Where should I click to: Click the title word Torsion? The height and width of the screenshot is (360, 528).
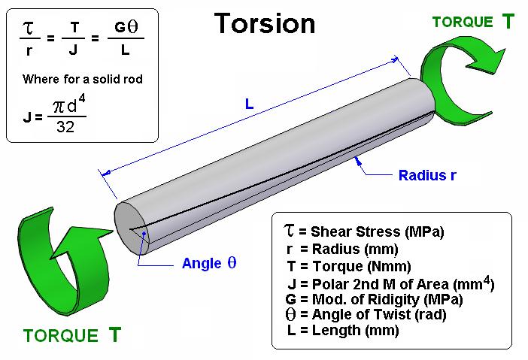265,23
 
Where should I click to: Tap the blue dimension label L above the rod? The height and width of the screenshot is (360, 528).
249,104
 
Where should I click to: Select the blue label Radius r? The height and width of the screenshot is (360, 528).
427,175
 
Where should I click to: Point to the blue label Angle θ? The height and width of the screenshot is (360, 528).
209,263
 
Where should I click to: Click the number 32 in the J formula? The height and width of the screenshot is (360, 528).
65,126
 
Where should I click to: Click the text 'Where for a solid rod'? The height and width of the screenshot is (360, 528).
83,79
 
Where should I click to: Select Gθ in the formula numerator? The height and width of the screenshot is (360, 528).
126,26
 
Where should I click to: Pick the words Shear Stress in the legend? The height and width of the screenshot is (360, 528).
356,231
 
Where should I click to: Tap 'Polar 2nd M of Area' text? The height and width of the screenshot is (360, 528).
381,284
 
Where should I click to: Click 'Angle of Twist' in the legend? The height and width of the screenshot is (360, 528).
361,315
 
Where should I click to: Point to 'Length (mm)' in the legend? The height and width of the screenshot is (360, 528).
356,330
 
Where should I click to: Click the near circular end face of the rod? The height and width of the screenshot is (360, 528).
132,228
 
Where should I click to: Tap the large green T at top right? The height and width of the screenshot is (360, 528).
508,21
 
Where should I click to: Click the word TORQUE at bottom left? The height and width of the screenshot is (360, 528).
61,335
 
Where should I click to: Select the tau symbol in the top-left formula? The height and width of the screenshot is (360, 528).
29,28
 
